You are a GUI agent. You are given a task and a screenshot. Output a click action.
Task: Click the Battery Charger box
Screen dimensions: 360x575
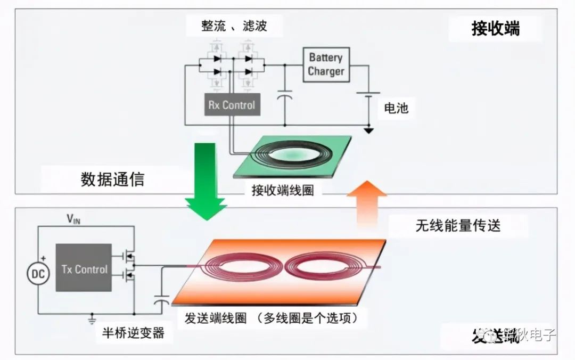326,65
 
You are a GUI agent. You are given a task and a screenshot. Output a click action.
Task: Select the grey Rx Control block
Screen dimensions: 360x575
232,105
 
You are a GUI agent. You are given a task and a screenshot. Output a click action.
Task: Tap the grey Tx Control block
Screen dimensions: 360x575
84,268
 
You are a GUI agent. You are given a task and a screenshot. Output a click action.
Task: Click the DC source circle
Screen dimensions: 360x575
38,274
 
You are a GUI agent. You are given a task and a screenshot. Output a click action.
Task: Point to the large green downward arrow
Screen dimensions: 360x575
206,181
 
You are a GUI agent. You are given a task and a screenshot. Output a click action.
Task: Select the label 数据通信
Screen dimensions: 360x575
112,179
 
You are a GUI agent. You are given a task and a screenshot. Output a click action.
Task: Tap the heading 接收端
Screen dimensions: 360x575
495,29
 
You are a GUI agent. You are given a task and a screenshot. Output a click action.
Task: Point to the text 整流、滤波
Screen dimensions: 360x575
234,26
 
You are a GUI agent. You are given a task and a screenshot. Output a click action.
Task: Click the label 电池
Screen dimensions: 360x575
396,108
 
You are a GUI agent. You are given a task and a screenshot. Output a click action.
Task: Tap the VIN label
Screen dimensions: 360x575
73,219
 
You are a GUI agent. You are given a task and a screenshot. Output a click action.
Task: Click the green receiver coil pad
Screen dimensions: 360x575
293,156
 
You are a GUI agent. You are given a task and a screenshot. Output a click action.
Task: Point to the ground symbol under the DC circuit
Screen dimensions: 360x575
91,320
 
